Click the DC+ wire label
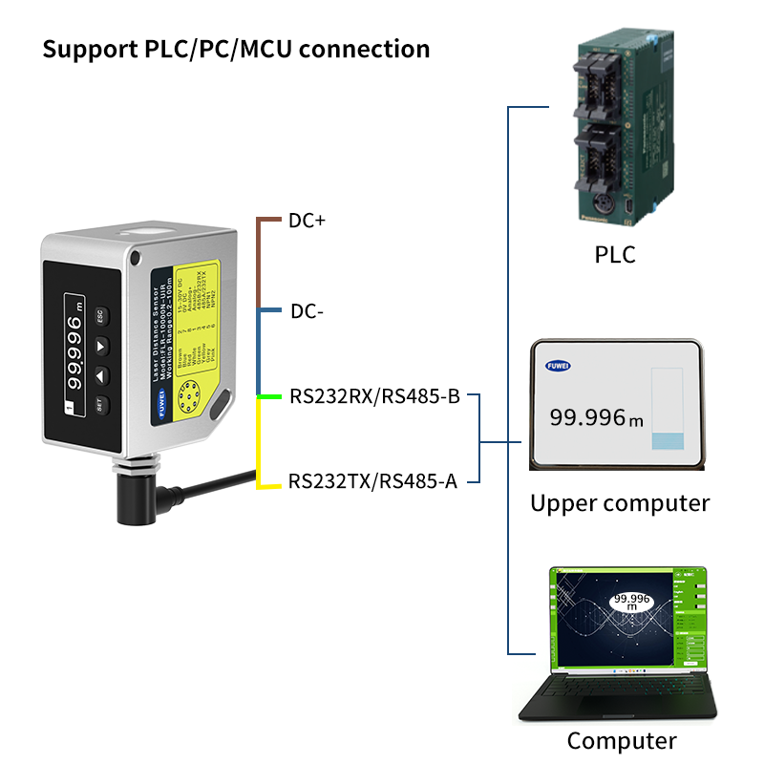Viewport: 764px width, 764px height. click(x=307, y=221)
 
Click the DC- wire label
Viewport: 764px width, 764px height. click(x=307, y=311)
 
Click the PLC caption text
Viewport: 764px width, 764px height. click(x=614, y=255)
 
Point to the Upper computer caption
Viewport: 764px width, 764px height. click(x=619, y=503)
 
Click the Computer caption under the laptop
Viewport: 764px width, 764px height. click(x=621, y=740)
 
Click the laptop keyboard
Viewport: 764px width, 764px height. click(x=621, y=693)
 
